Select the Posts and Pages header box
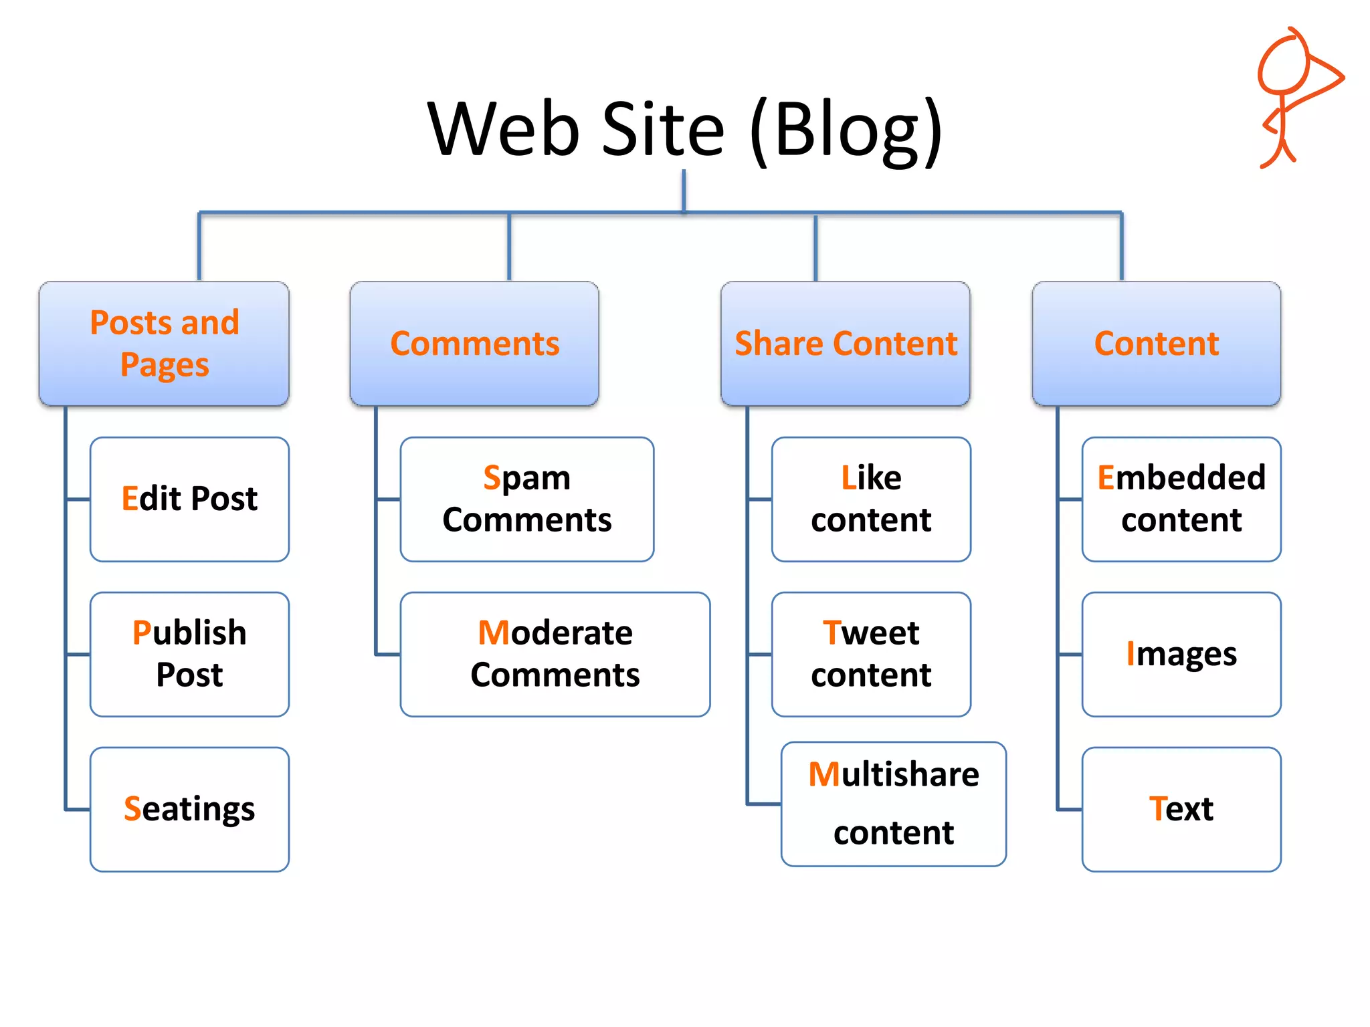(x=164, y=343)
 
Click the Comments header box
(x=474, y=343)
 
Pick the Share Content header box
(x=846, y=343)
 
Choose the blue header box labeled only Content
(x=1156, y=343)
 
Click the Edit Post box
(x=189, y=499)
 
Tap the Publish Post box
(x=189, y=654)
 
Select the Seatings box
(x=189, y=809)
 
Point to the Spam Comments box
(x=526, y=499)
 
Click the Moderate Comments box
(x=555, y=654)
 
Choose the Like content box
(x=871, y=499)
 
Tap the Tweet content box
(x=871, y=654)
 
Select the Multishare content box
(x=893, y=804)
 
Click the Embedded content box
(x=1181, y=499)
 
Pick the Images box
(x=1181, y=654)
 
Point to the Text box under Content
(x=1181, y=809)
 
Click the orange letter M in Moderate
(x=494, y=633)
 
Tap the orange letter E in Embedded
(x=1106, y=478)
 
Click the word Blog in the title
(x=846, y=130)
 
